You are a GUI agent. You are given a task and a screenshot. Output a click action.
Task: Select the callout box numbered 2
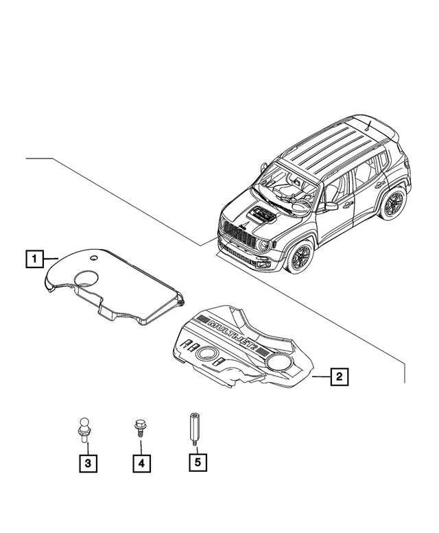pyautogui.click(x=337, y=376)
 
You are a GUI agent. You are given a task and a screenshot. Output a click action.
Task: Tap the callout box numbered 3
pyautogui.click(x=87, y=464)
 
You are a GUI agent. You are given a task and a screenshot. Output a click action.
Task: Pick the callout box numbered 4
pyautogui.click(x=141, y=464)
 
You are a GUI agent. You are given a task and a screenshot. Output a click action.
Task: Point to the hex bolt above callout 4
pyautogui.click(x=138, y=429)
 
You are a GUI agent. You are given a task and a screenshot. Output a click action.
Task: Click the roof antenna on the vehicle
pyautogui.click(x=368, y=126)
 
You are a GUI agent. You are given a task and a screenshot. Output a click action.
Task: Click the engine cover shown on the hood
pyautogui.click(x=261, y=215)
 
